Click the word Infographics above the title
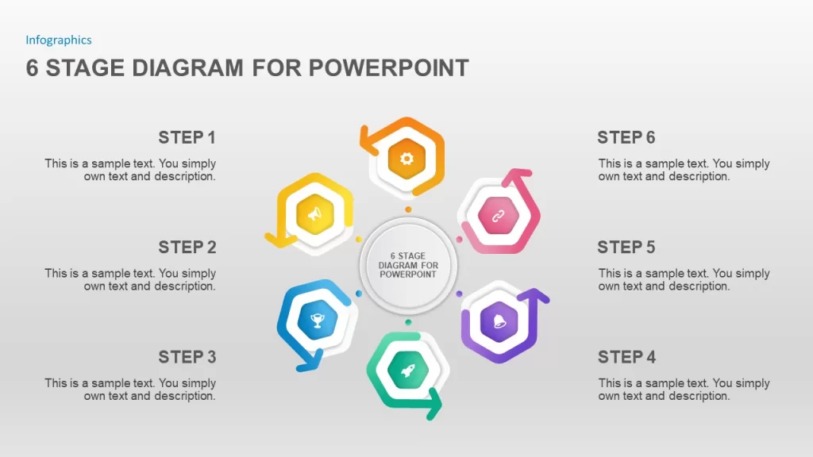point(59,40)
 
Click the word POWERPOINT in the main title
point(389,68)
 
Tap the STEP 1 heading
point(187,137)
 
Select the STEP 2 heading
point(187,248)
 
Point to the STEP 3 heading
point(187,357)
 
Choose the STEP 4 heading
point(626,357)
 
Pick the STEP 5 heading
point(626,248)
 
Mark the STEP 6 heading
point(626,137)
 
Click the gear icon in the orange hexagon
point(407,159)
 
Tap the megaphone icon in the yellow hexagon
point(314,213)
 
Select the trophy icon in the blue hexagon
point(318,321)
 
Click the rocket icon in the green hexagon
point(408,370)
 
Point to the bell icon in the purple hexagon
point(499,321)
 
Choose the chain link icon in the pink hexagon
point(499,216)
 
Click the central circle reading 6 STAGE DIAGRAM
point(408,265)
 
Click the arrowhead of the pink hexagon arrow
point(516,177)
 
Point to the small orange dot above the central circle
point(408,209)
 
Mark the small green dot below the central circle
point(408,322)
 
